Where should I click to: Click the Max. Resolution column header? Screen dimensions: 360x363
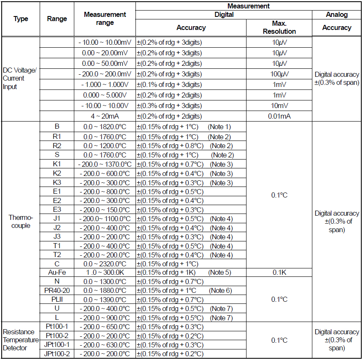tap(279, 27)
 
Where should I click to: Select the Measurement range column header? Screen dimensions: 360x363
tap(105, 19)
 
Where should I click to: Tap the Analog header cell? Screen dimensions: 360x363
tap(336, 14)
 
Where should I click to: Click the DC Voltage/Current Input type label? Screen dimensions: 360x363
tap(19, 78)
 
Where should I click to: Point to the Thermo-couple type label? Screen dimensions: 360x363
tap(19, 222)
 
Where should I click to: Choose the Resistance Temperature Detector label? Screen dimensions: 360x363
tap(20, 340)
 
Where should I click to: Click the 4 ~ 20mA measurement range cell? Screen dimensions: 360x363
tap(105, 116)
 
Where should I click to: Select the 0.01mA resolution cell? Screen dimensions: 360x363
tap(279, 116)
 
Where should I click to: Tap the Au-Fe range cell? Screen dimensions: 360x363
tap(57, 272)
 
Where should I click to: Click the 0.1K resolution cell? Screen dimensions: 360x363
tap(279, 272)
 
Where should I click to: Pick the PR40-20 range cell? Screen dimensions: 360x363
tap(57, 290)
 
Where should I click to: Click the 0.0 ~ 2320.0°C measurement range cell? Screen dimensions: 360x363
tap(105, 263)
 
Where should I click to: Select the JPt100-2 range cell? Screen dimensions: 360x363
tap(57, 354)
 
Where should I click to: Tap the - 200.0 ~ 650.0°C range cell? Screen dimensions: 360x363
tap(105, 327)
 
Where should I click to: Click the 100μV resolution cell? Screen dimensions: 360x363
tap(279, 74)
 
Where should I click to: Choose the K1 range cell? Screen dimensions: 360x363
tap(57, 164)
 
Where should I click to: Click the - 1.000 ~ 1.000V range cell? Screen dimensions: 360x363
tap(105, 84)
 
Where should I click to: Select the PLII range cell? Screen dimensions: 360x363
tap(57, 299)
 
